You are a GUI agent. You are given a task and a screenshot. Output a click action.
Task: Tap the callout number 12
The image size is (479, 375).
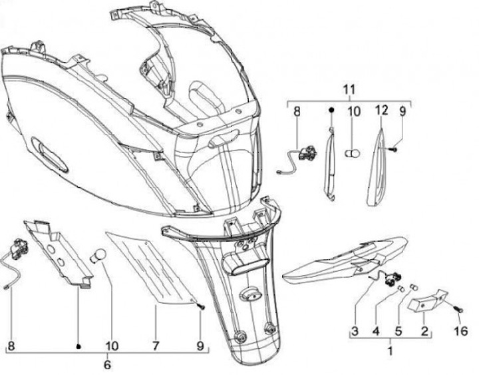(x=381, y=111)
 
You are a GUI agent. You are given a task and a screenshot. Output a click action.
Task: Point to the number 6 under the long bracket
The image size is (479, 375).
(x=108, y=365)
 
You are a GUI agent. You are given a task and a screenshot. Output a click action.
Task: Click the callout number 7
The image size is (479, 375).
(x=156, y=346)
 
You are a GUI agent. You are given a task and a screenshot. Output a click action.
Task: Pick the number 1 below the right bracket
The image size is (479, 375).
(x=391, y=349)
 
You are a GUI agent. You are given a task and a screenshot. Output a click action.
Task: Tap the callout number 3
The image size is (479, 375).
(x=355, y=331)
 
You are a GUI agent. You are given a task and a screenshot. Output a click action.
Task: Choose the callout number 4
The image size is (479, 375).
(x=375, y=331)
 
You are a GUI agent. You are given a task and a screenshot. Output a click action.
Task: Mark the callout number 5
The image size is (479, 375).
(x=399, y=331)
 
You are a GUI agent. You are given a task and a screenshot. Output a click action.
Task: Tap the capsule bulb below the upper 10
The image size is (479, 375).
(x=353, y=153)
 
